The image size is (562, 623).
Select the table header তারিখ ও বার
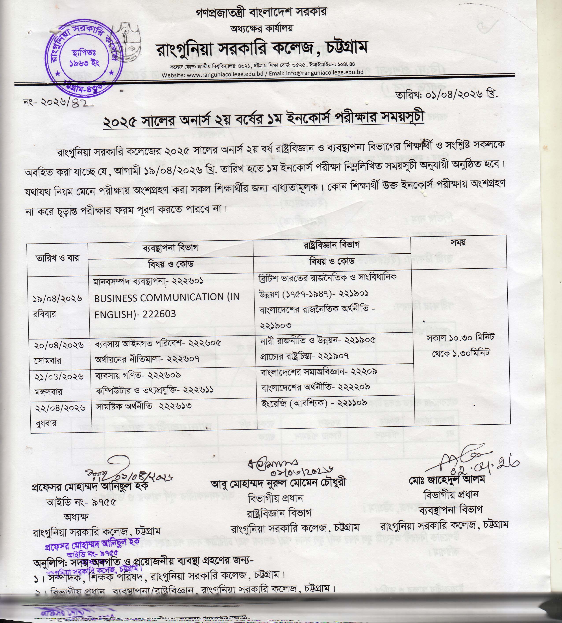tap(57, 258)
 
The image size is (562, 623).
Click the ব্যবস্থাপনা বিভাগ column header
tap(170, 248)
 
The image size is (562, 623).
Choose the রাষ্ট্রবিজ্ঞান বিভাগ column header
tap(331, 245)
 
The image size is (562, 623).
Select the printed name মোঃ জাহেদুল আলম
tap(447, 479)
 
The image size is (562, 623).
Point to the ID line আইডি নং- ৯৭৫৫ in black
tap(81, 502)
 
